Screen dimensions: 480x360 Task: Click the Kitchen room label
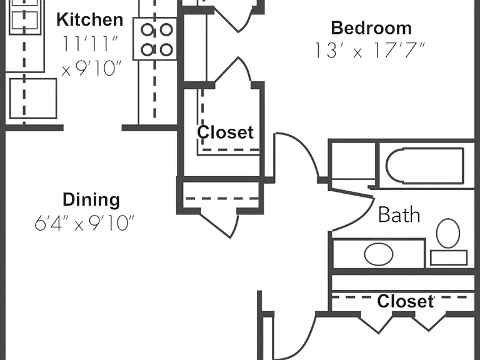click(90, 19)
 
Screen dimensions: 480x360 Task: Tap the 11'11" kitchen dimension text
click(91, 44)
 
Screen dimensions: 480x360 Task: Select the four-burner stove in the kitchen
click(155, 39)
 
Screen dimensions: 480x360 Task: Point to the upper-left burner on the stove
click(147, 30)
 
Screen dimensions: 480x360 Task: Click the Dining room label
click(91, 199)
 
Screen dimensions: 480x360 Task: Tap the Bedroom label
click(371, 28)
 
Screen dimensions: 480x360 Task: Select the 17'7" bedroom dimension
click(397, 50)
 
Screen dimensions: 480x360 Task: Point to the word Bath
click(399, 214)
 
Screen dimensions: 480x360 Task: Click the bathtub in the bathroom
click(425, 166)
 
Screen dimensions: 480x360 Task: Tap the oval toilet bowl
click(448, 233)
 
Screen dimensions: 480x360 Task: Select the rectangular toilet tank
click(449, 257)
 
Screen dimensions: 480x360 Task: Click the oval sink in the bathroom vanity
click(379, 254)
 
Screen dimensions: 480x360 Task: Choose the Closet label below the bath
click(406, 301)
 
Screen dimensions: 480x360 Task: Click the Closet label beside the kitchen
click(225, 132)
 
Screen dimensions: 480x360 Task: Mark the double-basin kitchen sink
click(24, 17)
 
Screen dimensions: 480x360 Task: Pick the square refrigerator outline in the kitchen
click(33, 98)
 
